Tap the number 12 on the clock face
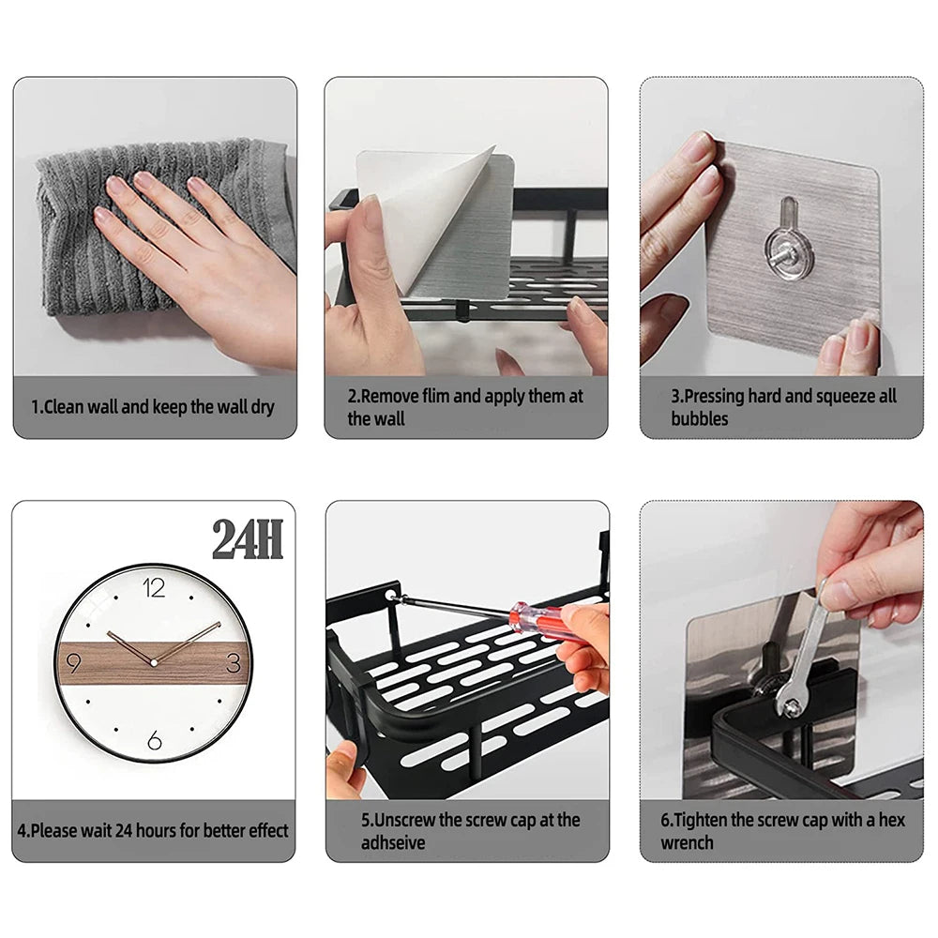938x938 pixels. pyautogui.click(x=154, y=588)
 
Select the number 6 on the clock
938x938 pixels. pyautogui.click(x=154, y=741)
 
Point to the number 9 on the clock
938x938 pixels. pyautogui.click(x=74, y=663)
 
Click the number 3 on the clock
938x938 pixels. pyautogui.click(x=233, y=663)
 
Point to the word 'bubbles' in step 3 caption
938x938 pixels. pyautogui.click(x=699, y=419)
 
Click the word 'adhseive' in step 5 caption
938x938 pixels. pyautogui.click(x=393, y=842)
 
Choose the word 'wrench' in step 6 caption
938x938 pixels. pyautogui.click(x=687, y=842)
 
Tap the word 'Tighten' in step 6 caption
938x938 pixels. pyautogui.click(x=700, y=820)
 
